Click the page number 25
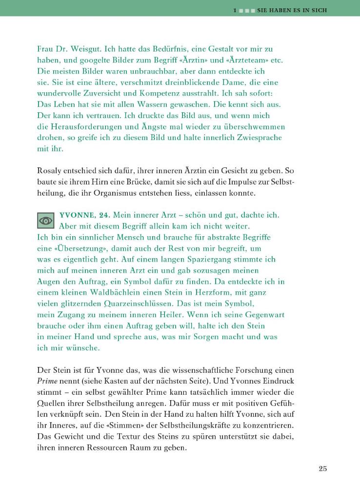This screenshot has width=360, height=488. point(322,468)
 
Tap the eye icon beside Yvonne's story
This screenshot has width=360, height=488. point(46,221)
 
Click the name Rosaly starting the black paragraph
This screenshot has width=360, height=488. point(51,171)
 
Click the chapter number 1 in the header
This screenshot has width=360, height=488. point(235,10)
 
